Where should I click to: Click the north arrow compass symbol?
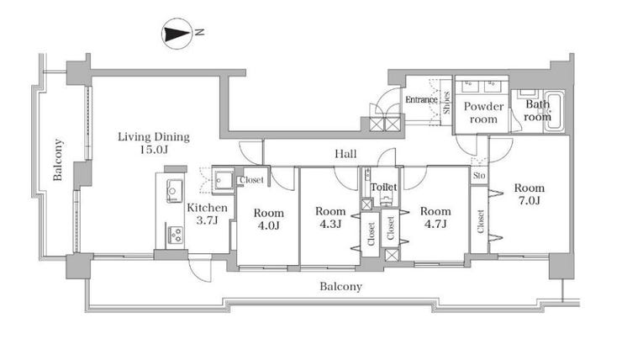click(x=176, y=34)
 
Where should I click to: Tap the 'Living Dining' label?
click(x=154, y=136)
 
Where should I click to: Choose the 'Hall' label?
click(x=345, y=155)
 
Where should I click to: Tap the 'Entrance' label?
click(x=421, y=100)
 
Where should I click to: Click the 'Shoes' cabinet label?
click(x=446, y=103)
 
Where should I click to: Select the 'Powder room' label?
click(x=484, y=113)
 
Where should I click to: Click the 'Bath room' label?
click(x=538, y=111)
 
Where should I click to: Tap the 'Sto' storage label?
click(x=478, y=176)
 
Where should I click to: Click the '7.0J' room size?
click(x=530, y=202)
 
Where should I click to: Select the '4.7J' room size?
click(x=435, y=224)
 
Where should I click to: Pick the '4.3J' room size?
click(x=330, y=224)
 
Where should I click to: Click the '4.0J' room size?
click(x=269, y=225)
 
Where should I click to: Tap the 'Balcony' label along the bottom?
click(x=340, y=287)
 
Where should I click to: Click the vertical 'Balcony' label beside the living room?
click(x=58, y=161)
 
